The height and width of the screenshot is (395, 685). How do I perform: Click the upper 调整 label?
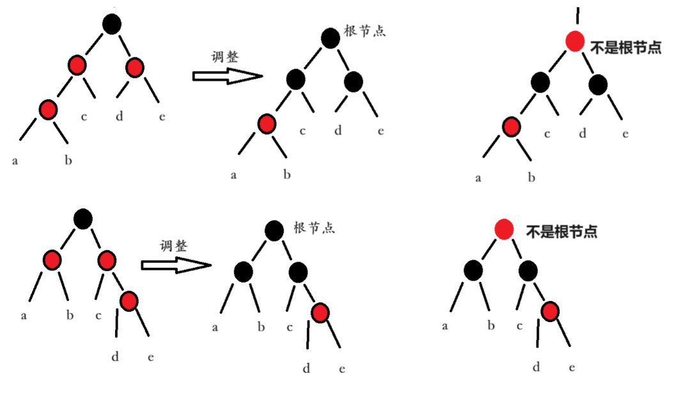point(225,57)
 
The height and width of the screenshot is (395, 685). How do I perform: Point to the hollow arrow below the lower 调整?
point(176,265)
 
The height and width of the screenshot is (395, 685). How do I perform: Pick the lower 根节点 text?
point(314,228)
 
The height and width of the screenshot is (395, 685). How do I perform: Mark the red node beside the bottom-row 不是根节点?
point(504,229)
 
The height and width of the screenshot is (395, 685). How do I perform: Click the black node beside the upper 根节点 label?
point(330,38)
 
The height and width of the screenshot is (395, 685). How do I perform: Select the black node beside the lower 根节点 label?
point(274,230)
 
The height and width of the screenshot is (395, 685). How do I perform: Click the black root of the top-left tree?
point(111,24)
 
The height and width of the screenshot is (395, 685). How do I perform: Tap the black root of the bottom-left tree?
point(82,219)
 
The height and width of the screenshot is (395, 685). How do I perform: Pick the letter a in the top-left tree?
point(15,160)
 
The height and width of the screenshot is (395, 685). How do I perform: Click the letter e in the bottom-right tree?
point(572,367)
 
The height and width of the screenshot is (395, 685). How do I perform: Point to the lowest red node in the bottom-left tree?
point(129,300)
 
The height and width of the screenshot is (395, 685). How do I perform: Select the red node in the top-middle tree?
point(266,123)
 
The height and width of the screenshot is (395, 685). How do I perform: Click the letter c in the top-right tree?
point(547,134)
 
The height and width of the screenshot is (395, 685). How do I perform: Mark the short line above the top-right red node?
point(578,15)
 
